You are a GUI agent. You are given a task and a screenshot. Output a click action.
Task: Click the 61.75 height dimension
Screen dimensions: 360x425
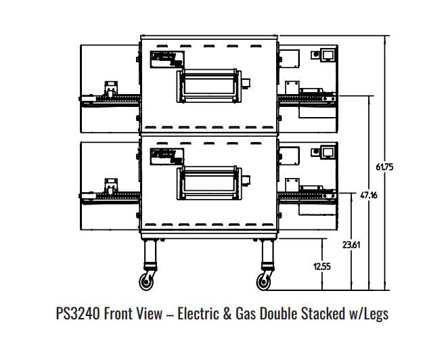coord(384,166)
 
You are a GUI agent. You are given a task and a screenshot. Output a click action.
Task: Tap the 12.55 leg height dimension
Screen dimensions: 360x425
coord(322,266)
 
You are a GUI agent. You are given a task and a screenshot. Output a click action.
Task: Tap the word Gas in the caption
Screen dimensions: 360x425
coord(246,314)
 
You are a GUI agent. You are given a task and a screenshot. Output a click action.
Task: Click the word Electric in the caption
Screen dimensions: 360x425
coord(198,314)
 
